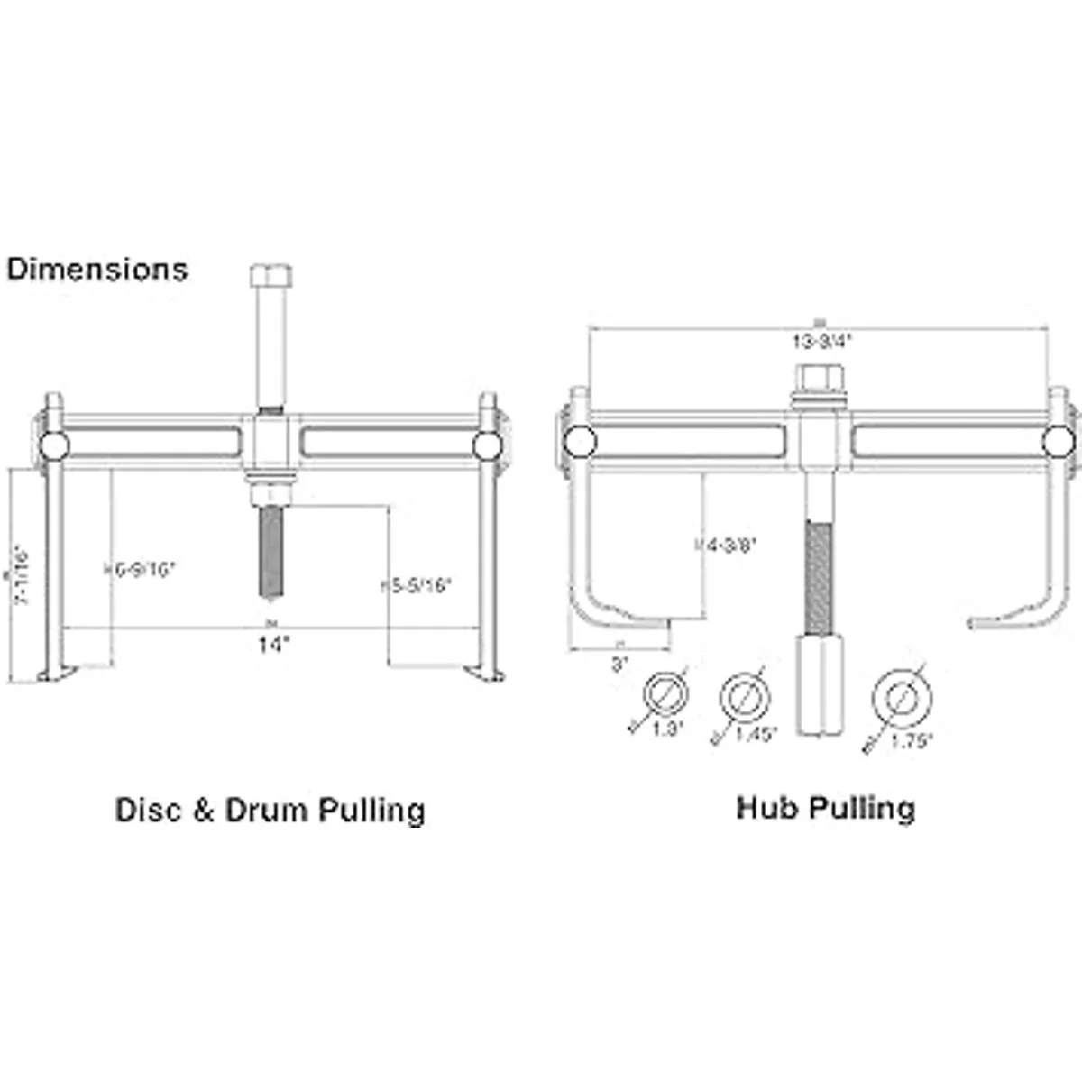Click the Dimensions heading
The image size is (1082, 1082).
97,270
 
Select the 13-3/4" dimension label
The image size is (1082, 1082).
822,341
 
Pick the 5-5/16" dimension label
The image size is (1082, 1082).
416,584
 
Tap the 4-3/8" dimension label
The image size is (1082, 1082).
726,544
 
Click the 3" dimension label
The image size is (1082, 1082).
619,665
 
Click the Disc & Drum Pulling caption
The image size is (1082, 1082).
270,810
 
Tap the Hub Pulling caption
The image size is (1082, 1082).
825,807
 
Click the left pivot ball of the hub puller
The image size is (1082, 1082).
580,442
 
